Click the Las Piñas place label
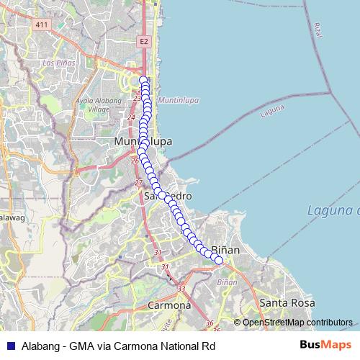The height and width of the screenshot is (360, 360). tap(58, 63)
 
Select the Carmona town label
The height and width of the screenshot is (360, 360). tap(168, 305)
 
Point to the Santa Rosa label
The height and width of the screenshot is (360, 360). tap(287, 303)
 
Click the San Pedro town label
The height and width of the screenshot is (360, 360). tap(167, 196)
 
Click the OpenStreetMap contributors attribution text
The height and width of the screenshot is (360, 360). tap(297, 323)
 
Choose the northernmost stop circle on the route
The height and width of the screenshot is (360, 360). tap(143, 81)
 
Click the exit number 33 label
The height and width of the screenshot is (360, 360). tap(181, 289)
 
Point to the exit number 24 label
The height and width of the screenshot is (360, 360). tap(130, 117)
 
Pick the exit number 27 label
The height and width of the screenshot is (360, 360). tap(138, 183)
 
